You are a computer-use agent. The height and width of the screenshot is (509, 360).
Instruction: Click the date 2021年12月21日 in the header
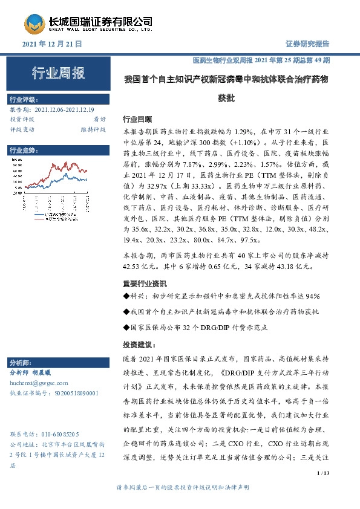pyautogui.click(x=51, y=44)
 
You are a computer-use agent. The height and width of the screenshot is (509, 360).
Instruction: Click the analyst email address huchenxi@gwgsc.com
pyautogui.click(x=39, y=383)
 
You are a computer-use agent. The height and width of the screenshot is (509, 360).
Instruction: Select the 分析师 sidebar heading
pyautogui.click(x=22, y=363)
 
